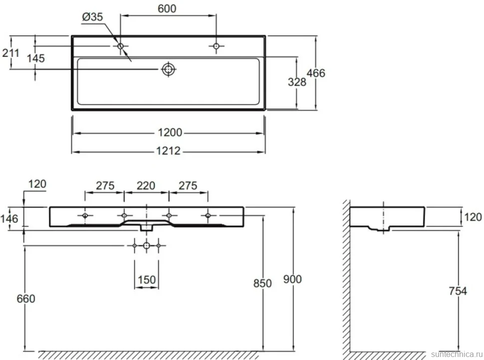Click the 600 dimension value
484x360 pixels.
[x=167, y=8]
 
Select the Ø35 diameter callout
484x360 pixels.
[x=92, y=16]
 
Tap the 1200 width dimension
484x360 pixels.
[x=170, y=133]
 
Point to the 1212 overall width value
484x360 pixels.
[x=168, y=151]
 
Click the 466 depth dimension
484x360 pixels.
[x=316, y=73]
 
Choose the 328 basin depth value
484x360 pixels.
[x=297, y=82]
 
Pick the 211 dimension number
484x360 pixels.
[x=10, y=53]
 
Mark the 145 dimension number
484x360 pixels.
[x=35, y=58]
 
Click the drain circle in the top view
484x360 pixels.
[x=168, y=69]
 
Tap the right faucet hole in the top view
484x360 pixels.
[x=216, y=46]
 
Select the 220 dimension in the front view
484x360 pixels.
[x=146, y=186]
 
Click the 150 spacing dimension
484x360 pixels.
[x=147, y=280]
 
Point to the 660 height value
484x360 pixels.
[x=26, y=299]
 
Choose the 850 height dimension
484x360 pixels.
[x=262, y=284]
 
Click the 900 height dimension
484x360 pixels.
[x=292, y=279]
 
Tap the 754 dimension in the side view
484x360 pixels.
[x=458, y=291]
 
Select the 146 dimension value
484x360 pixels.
[x=9, y=219]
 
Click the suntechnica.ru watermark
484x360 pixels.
[x=457, y=354]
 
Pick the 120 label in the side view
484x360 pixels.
[x=473, y=217]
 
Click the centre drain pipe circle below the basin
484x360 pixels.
[x=147, y=246]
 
